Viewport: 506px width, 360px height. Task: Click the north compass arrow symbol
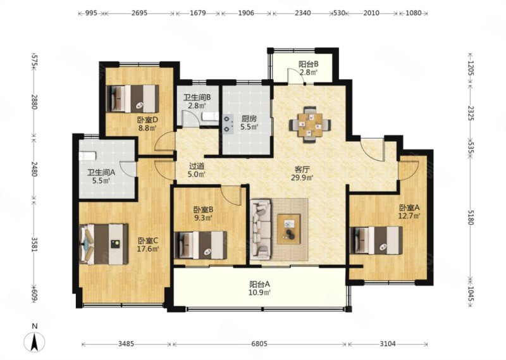pyautogui.click(x=34, y=342)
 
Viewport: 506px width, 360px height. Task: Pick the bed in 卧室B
pyautogui.click(x=201, y=245)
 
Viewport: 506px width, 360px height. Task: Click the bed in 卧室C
pyautogui.click(x=103, y=244)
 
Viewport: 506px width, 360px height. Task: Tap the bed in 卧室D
pyautogui.click(x=133, y=99)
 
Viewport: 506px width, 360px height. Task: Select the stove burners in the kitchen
pyautogui.click(x=228, y=124)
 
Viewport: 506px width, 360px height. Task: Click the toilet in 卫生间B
pyautogui.click(x=209, y=117)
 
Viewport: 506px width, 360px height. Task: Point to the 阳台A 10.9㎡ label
pyautogui.click(x=259, y=288)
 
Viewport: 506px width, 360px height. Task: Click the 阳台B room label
pyautogui.click(x=309, y=65)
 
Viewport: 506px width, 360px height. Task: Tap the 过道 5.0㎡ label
pyautogui.click(x=197, y=170)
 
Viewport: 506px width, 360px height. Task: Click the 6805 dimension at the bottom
pyautogui.click(x=259, y=344)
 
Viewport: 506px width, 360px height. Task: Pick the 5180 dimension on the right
pyautogui.click(x=470, y=217)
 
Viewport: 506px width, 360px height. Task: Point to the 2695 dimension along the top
pyautogui.click(x=139, y=13)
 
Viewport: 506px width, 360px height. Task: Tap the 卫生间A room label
pyautogui.click(x=101, y=173)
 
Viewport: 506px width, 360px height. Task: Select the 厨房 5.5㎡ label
pyautogui.click(x=249, y=123)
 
